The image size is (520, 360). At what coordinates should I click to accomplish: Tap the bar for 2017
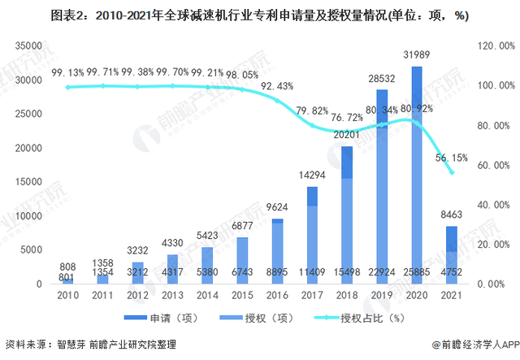pyautogui.click(x=312, y=235)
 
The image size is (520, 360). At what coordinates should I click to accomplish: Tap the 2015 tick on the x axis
pyautogui.click(x=242, y=296)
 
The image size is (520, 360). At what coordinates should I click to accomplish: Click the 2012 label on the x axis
pyautogui.click(x=137, y=296)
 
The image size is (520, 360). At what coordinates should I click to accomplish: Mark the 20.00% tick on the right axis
pyautogui.click(x=493, y=244)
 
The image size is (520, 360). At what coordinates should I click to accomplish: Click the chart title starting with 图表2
pyautogui.click(x=259, y=15)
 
